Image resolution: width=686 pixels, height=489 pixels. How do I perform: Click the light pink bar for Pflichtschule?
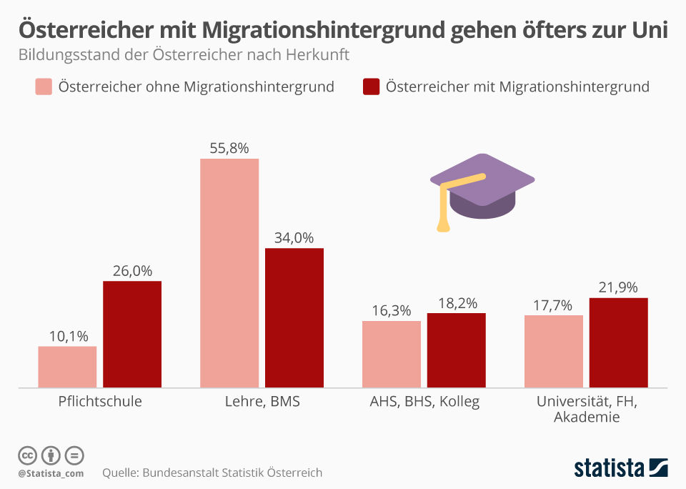(x=67, y=367)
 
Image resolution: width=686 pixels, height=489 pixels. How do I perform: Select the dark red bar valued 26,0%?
(x=132, y=334)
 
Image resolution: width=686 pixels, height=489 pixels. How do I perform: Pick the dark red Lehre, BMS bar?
(x=294, y=317)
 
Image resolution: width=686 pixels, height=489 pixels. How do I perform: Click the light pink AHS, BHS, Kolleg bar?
(x=392, y=354)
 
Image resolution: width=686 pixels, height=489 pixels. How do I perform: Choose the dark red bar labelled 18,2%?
(x=457, y=350)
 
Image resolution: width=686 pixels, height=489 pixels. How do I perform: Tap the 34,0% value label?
(x=294, y=238)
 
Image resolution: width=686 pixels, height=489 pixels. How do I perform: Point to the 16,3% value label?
(x=392, y=311)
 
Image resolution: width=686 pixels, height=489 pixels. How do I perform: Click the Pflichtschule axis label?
(x=100, y=401)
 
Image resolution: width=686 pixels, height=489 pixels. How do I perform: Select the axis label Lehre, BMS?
(x=262, y=401)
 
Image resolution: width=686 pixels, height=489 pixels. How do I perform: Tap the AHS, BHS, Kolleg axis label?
(x=424, y=401)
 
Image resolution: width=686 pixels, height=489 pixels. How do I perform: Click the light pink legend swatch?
(x=43, y=87)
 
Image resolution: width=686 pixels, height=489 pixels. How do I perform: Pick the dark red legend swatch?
(x=371, y=87)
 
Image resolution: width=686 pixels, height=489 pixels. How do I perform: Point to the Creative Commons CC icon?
(x=27, y=455)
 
